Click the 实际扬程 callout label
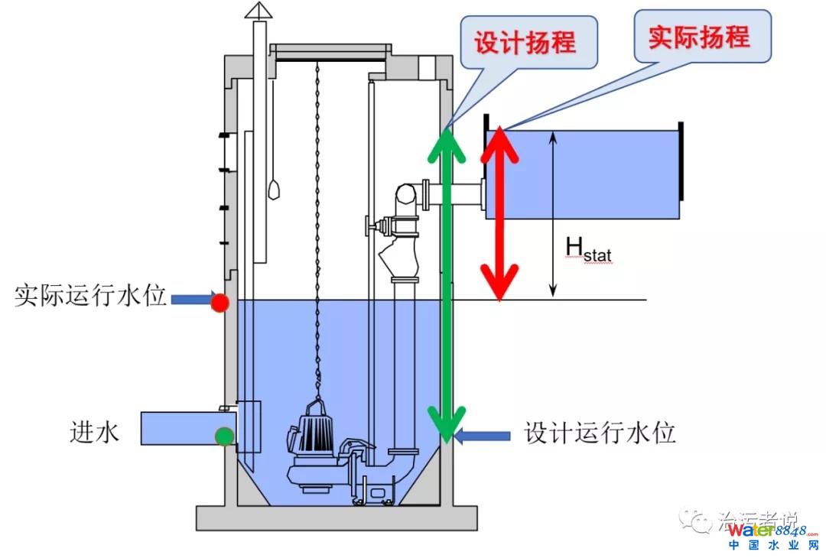(699, 36)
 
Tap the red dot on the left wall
(220, 302)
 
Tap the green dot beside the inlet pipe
(224, 436)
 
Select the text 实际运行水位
(90, 297)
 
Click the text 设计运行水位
(600, 433)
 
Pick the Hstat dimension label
(587, 250)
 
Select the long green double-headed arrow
(446, 283)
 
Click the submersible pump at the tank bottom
(314, 451)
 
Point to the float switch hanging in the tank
(273, 187)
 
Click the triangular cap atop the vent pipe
(259, 10)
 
